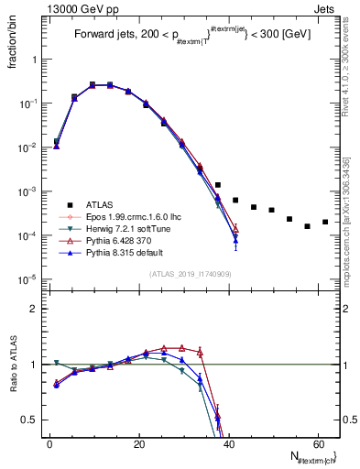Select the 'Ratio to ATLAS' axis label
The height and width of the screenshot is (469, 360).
click(13, 363)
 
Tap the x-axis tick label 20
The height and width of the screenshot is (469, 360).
click(138, 443)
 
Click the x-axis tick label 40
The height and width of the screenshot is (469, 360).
click(228, 443)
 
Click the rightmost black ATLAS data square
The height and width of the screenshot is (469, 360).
click(325, 222)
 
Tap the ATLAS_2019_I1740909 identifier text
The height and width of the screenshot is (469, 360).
click(191, 275)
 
